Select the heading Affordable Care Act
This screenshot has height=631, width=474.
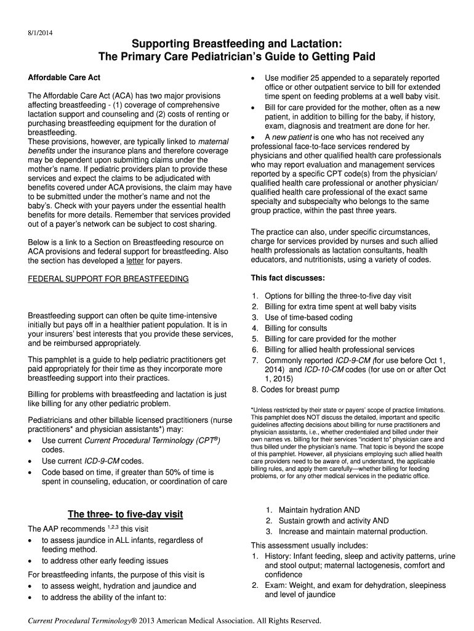pos(65,78)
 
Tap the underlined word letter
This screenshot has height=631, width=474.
pos(153,261)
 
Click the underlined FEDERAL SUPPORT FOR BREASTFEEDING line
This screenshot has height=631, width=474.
pos(108,279)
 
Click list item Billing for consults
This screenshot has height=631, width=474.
pos(295,328)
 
